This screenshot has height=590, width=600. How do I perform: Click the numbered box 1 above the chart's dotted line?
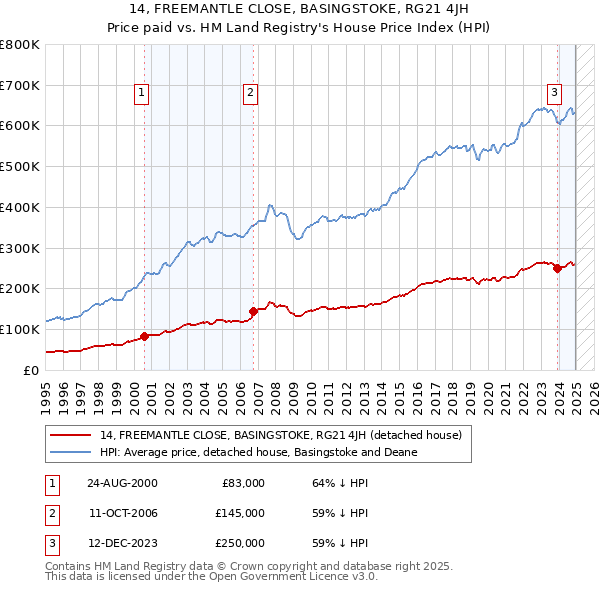click(142, 94)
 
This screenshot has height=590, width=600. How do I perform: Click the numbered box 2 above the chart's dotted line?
click(250, 94)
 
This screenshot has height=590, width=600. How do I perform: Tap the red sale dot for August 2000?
click(144, 336)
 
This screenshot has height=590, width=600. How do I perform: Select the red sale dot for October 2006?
click(253, 311)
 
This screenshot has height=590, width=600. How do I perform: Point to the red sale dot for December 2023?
click(557, 268)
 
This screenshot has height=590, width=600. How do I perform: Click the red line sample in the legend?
click(71, 436)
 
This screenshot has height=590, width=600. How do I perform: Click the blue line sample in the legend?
click(71, 452)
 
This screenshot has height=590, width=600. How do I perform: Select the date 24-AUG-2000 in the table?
click(122, 483)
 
